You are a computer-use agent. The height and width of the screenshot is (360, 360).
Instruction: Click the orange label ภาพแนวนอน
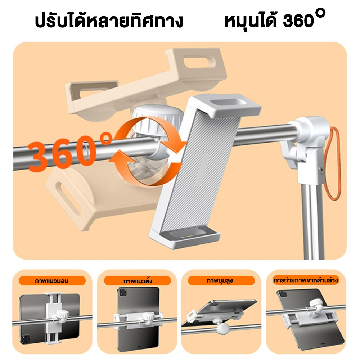pyautogui.click(x=52, y=281)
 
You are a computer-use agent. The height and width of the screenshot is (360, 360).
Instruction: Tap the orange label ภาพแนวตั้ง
pyautogui.click(x=138, y=281)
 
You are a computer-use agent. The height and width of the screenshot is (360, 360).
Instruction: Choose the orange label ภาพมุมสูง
pyautogui.click(x=221, y=281)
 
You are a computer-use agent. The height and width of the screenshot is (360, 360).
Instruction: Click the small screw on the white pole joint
pyautogui.click(x=321, y=170)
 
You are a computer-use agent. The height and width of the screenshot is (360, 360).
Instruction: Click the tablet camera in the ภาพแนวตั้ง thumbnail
pyautogui.click(x=123, y=292)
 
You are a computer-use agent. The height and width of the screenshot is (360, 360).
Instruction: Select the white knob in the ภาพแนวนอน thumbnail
pyautogui.click(x=62, y=314)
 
